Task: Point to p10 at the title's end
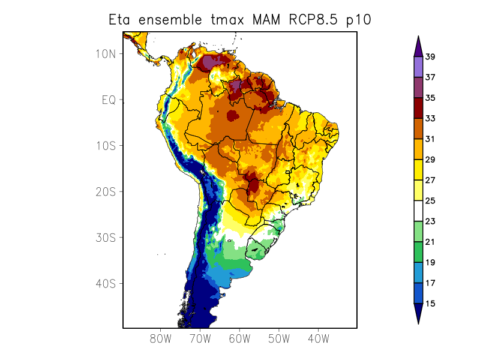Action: point(358,20)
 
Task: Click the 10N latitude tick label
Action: point(106,54)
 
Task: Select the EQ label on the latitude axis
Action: point(109,100)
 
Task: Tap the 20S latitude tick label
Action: point(106,192)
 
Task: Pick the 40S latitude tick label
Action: point(106,284)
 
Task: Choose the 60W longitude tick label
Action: point(239,338)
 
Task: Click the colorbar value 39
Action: point(430,57)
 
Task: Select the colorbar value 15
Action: point(430,304)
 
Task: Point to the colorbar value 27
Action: point(430,180)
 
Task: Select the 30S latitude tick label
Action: point(106,238)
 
